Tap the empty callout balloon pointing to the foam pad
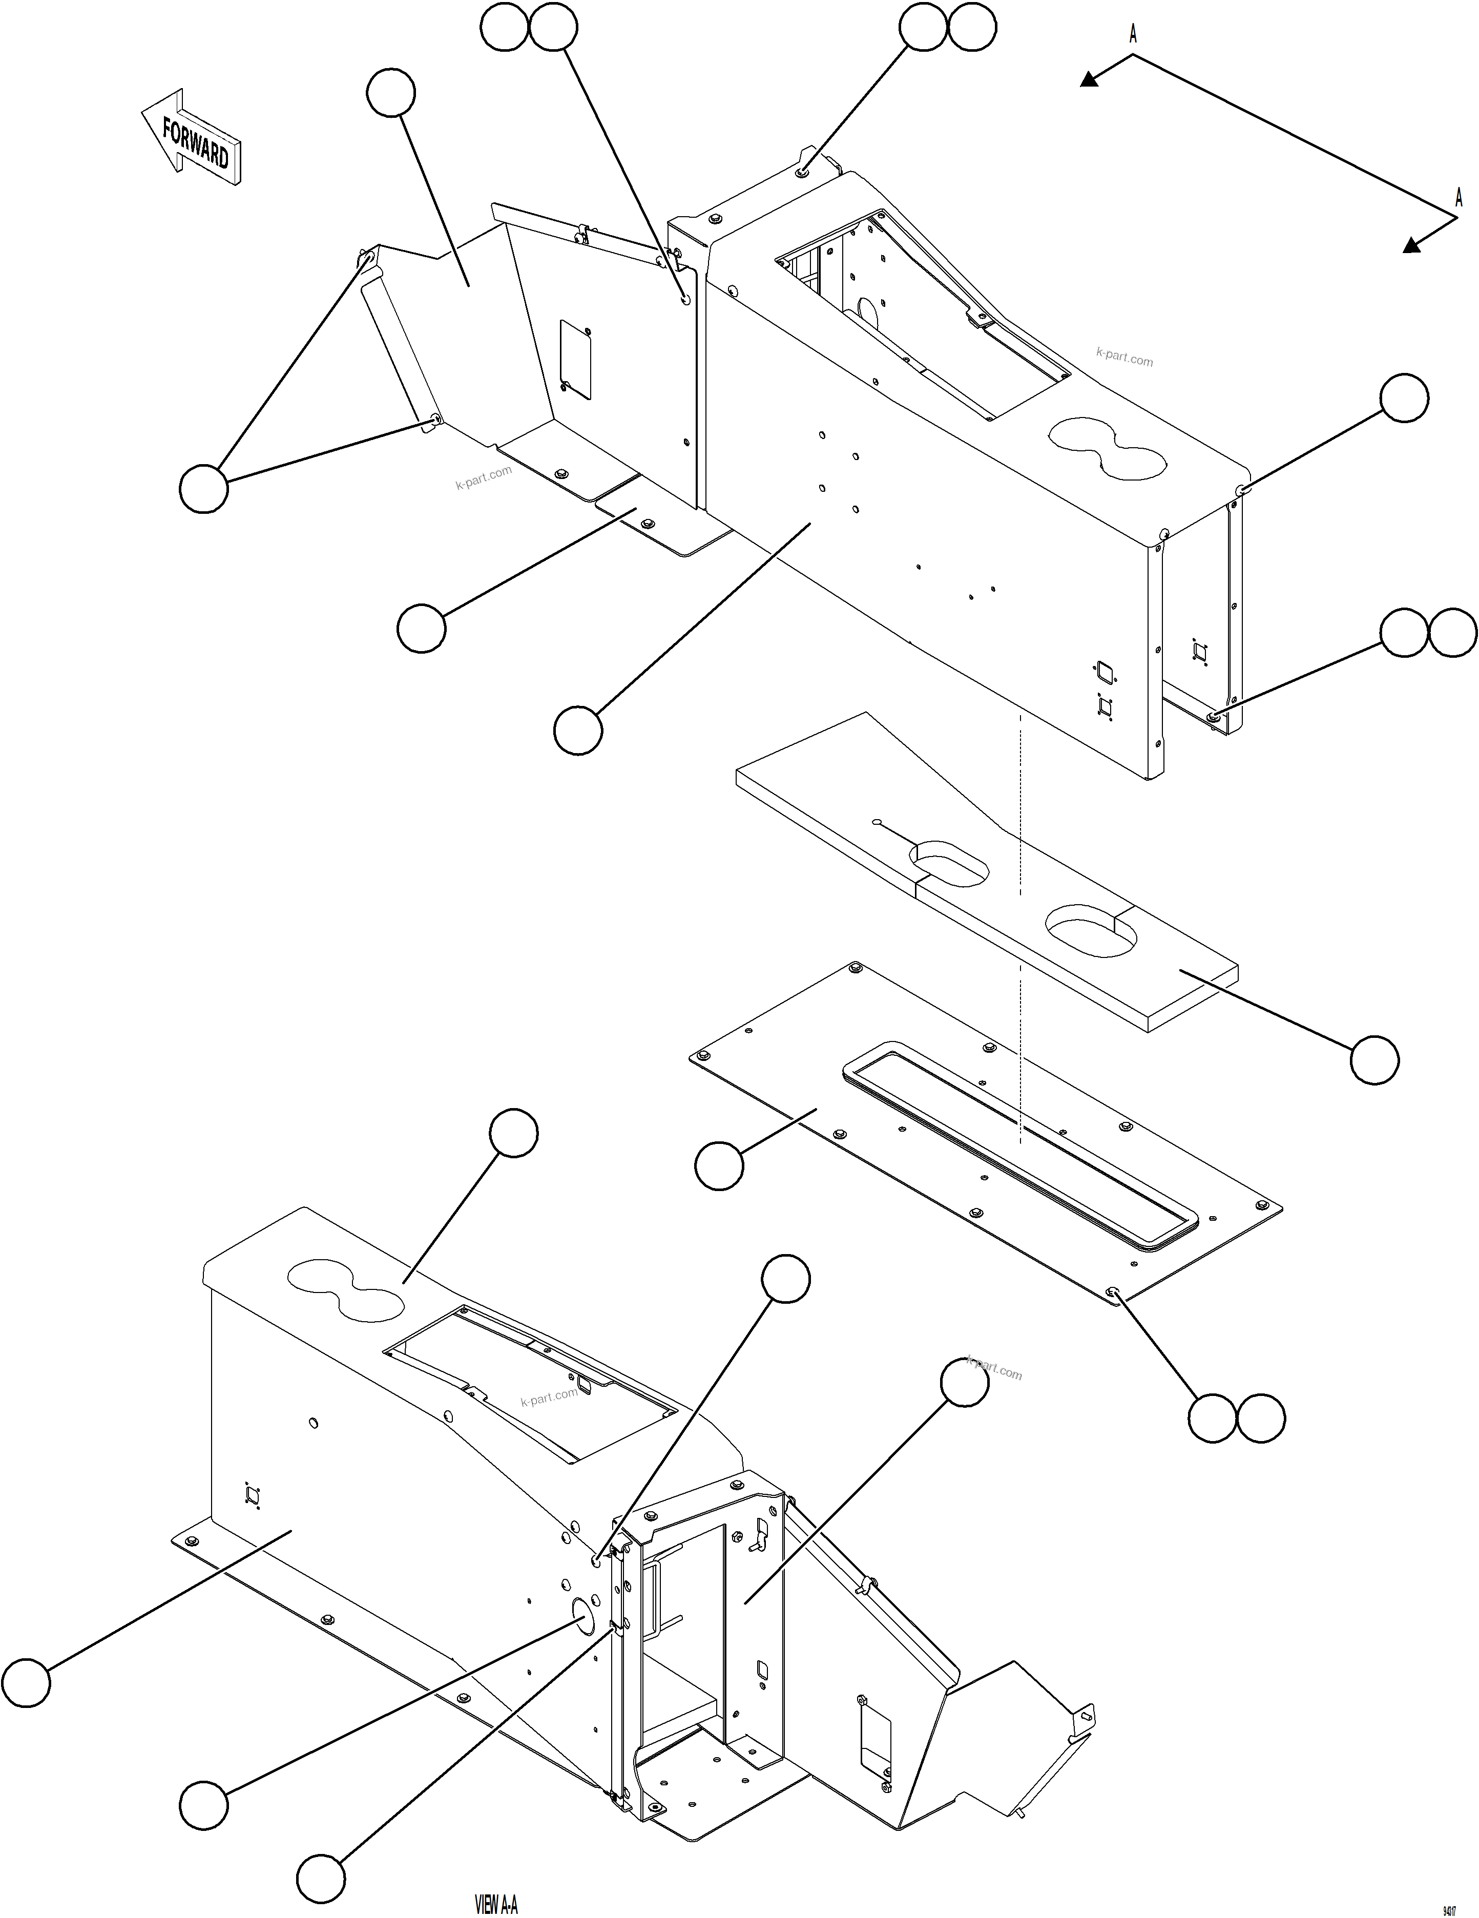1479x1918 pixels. [1373, 1060]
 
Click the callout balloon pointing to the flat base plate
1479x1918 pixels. [718, 1165]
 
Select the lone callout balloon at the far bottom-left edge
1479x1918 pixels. [26, 1682]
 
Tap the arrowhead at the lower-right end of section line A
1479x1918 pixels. [1411, 246]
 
